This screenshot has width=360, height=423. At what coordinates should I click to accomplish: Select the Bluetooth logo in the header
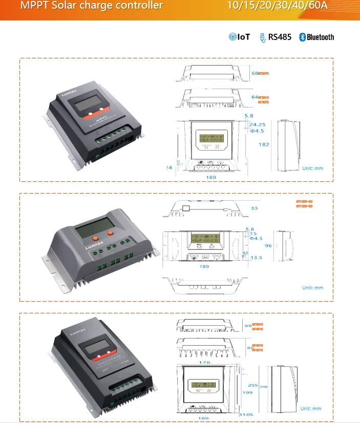(x=317, y=37)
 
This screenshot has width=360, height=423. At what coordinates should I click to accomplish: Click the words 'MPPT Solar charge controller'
(x=92, y=6)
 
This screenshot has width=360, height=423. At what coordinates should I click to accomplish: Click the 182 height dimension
(x=264, y=144)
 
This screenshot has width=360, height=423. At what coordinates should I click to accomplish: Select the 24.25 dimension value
(x=258, y=124)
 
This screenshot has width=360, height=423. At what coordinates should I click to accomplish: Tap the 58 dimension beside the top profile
(x=255, y=74)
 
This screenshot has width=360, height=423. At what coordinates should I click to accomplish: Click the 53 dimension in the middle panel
(x=255, y=208)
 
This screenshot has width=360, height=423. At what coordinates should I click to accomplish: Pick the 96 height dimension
(x=267, y=245)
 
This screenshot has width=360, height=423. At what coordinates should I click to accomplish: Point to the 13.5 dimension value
(x=257, y=258)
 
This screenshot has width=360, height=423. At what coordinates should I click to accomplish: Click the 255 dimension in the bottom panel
(x=251, y=385)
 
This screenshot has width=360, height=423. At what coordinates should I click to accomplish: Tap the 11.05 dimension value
(x=247, y=414)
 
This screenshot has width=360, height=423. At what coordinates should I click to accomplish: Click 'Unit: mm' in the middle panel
(x=312, y=288)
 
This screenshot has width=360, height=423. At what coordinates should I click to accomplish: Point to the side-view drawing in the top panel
(x=289, y=145)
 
